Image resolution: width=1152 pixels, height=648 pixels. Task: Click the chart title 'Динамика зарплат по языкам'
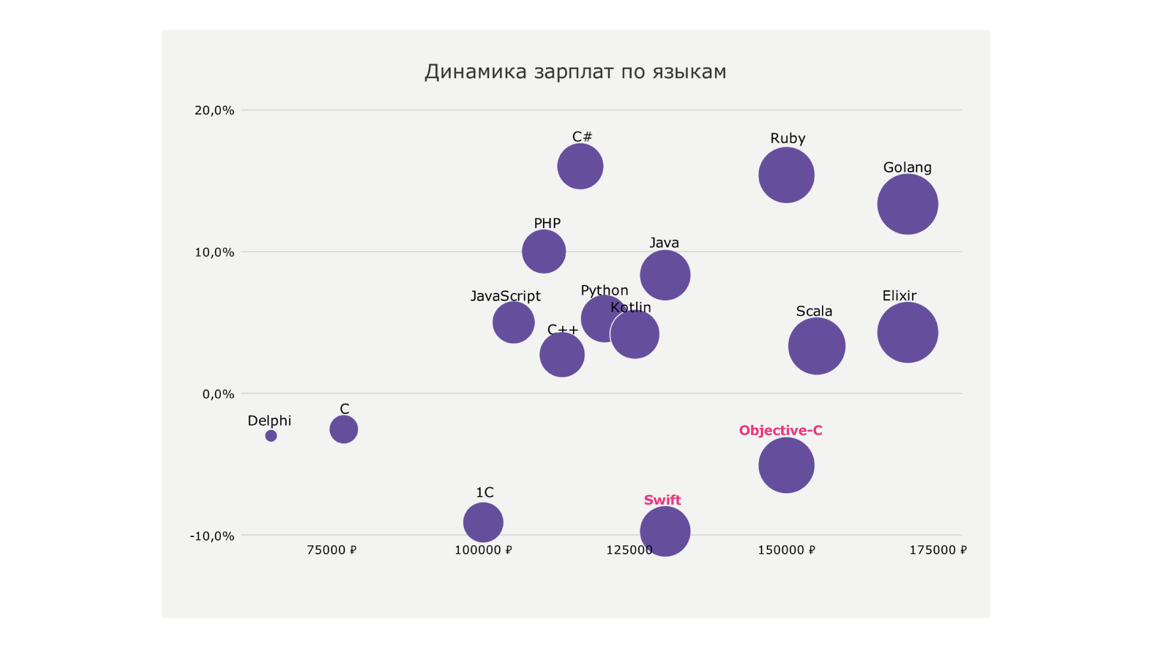click(575, 72)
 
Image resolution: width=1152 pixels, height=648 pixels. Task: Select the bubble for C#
click(580, 166)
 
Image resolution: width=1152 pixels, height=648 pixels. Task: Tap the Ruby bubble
click(786, 175)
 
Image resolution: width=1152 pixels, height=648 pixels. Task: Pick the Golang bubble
click(907, 204)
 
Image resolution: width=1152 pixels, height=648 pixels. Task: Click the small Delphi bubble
click(271, 436)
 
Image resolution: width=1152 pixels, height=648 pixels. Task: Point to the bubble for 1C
click(483, 522)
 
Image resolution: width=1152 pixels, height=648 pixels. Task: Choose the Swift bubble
click(665, 531)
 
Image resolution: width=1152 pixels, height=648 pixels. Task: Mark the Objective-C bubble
click(786, 465)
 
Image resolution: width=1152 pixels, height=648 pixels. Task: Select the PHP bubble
click(544, 251)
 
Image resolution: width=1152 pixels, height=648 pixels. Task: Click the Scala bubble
click(817, 346)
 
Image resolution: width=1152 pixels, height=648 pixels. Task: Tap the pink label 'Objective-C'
click(781, 430)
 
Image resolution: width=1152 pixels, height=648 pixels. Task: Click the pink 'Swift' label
click(662, 500)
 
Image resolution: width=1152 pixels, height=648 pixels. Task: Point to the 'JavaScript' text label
click(505, 296)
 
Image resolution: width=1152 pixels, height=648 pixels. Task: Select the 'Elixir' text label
click(899, 295)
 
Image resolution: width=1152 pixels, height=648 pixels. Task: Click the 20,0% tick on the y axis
click(214, 110)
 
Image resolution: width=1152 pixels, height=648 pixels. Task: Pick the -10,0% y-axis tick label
click(212, 536)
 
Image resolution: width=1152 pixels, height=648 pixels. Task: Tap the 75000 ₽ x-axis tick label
click(332, 550)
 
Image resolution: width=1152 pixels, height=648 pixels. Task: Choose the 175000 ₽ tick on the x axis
click(938, 550)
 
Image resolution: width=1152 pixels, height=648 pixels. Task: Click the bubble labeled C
click(344, 429)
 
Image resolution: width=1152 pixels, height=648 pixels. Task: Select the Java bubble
click(665, 275)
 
